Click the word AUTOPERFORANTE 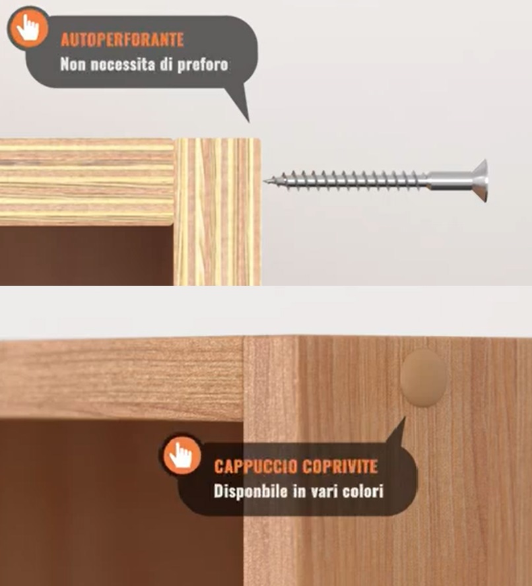tap(122, 40)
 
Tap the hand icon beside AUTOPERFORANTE tap(28, 27)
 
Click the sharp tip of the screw tap(267, 180)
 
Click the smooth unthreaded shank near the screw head tap(446, 178)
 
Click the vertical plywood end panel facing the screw tap(217, 211)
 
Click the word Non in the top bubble tap(71, 65)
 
